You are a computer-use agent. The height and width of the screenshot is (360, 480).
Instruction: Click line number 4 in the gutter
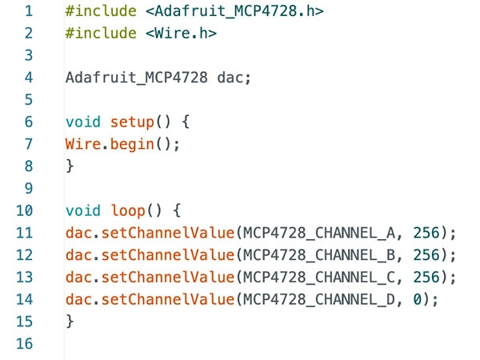29,78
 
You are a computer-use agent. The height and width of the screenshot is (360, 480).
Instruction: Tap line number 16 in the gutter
24,343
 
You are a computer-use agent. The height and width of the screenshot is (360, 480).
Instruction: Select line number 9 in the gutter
29,189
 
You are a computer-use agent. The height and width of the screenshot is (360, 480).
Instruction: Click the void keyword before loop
83,210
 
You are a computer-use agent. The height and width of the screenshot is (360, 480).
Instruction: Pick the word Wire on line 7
83,145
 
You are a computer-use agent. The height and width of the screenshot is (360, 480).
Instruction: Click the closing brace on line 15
70,321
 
